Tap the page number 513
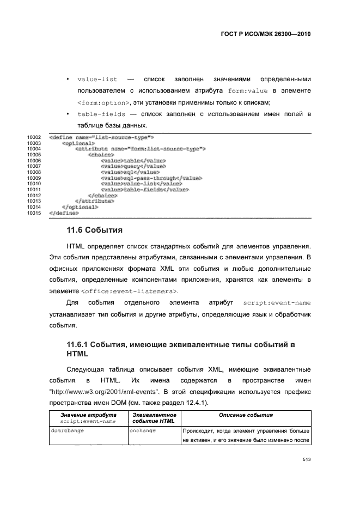pyautogui.click(x=306, y=459)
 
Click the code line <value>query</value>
pyautogui.click(x=133, y=166)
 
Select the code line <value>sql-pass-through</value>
pyautogui.click(x=151, y=178)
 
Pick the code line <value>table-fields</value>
pyautogui.click(x=144, y=190)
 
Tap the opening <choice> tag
pyautogui.click(x=101, y=155)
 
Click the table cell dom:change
pyautogui.click(x=68, y=430)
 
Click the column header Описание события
pyautogui.click(x=246, y=416)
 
